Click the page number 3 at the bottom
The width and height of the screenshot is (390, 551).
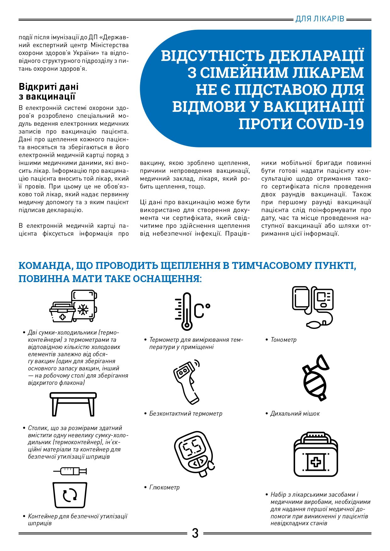[x=195, y=533]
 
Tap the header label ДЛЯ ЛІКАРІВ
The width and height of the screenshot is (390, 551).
[x=320, y=19]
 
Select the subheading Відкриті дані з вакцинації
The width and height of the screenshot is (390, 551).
[x=48, y=91]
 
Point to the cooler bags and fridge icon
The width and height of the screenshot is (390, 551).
[x=74, y=306]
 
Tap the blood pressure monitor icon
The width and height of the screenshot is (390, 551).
[x=313, y=306]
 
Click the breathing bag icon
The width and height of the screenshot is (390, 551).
[x=315, y=377]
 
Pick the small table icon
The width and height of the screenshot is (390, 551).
[x=73, y=404]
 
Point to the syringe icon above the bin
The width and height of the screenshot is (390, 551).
[x=70, y=471]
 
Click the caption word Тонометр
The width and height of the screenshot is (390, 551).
[x=283, y=340]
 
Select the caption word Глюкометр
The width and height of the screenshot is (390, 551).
[x=164, y=488]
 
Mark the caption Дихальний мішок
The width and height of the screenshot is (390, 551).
[x=295, y=414]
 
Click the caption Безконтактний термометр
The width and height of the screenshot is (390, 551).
[x=186, y=414]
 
